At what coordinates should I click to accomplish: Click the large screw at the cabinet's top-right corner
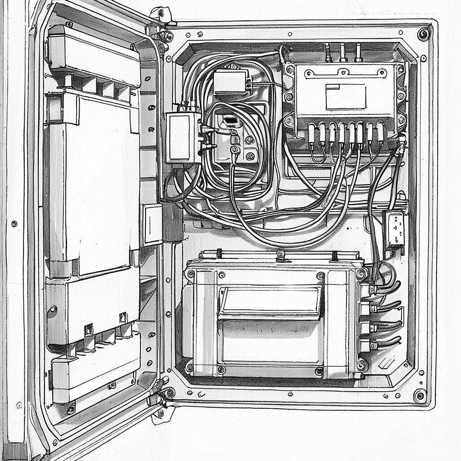(x=423, y=34)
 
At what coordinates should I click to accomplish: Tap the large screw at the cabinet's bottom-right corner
(x=420, y=396)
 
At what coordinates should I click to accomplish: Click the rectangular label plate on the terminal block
(x=345, y=96)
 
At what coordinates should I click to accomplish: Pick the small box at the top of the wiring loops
(x=230, y=81)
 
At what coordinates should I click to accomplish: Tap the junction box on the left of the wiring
(x=182, y=137)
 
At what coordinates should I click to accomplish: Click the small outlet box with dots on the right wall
(x=393, y=229)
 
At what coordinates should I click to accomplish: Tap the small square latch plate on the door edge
(x=152, y=224)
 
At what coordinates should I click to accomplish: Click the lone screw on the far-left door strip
(x=14, y=223)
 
